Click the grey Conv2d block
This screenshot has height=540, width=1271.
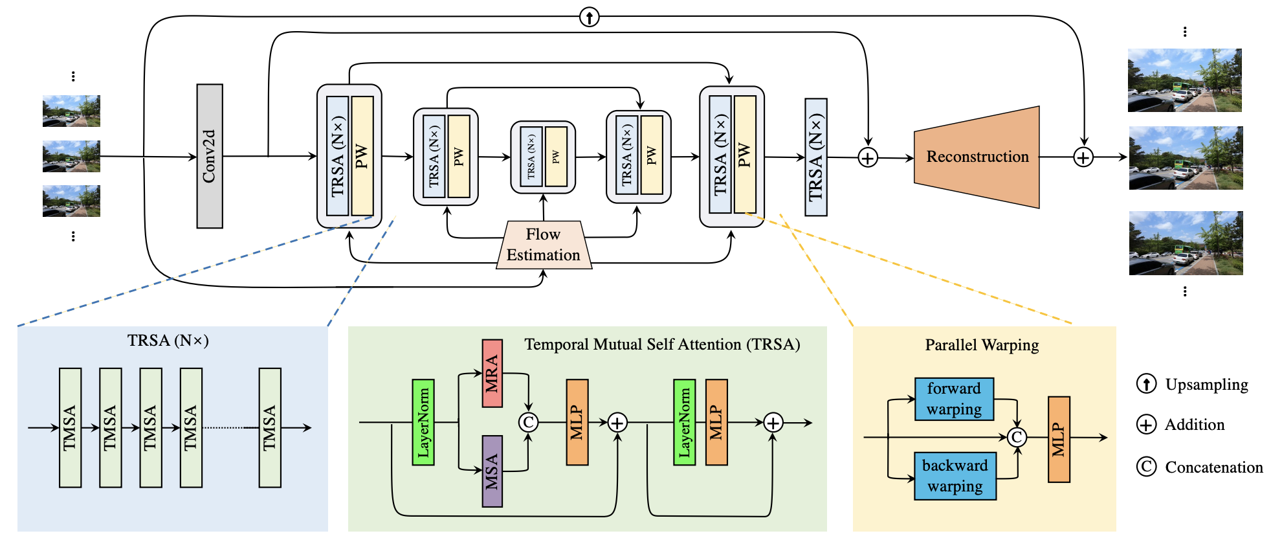(210, 156)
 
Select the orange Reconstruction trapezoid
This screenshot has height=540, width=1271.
(977, 157)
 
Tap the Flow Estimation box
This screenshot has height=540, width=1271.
(544, 245)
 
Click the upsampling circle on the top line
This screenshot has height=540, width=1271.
(589, 17)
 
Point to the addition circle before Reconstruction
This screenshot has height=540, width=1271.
(868, 157)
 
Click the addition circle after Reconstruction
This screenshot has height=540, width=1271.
(1083, 157)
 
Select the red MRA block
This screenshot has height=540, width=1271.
(492, 374)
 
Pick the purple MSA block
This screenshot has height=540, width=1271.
(492, 471)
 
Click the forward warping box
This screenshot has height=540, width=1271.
(954, 399)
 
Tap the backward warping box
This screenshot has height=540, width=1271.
(955, 476)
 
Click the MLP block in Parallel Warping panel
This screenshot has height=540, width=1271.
(1059, 440)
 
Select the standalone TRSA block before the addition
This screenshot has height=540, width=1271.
(815, 157)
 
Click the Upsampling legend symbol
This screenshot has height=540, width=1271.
(1146, 384)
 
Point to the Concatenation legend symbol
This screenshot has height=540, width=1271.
(1146, 466)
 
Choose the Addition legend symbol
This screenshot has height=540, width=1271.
(1146, 425)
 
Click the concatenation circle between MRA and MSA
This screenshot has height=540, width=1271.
(528, 423)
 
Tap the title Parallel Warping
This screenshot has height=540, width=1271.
(982, 345)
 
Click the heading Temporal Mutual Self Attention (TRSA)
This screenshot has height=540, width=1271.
(662, 344)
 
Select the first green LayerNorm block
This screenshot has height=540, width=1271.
(423, 422)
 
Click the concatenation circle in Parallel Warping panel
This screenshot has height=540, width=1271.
(1017, 438)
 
